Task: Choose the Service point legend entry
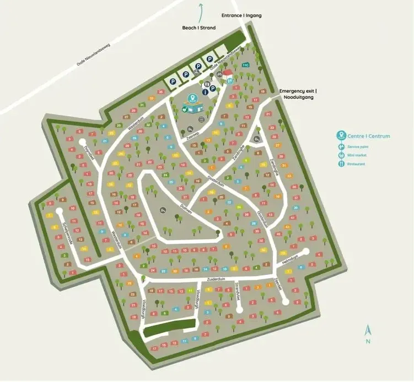(x=358, y=147)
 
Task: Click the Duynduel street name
(x=87, y=151)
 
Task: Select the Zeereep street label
(x=192, y=134)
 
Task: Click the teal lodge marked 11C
(x=246, y=65)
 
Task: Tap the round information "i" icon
(x=205, y=92)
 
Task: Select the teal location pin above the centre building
(x=192, y=99)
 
